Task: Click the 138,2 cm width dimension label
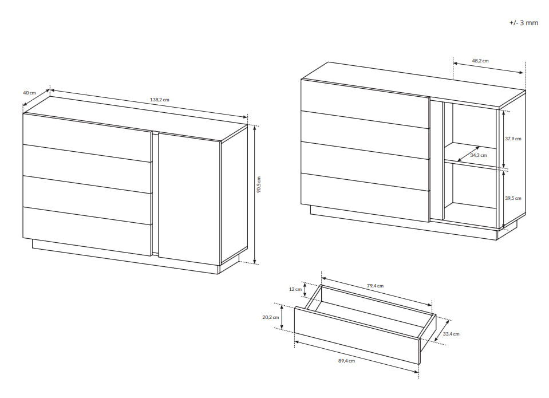[x=159, y=100]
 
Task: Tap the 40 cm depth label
[x=29, y=93]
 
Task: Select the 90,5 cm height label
[x=259, y=184]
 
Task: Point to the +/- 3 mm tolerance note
[x=523, y=23]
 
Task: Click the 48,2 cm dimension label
[x=480, y=61]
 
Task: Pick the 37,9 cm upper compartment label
[x=513, y=139]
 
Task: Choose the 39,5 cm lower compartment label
[x=513, y=198]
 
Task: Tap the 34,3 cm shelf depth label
[x=478, y=155]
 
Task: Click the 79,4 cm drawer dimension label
[x=375, y=286]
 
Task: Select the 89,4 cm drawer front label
[x=346, y=361]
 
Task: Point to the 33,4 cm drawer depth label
[x=451, y=334]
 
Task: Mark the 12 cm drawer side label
[x=295, y=289]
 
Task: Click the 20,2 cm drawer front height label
[x=271, y=317]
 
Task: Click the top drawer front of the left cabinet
[x=87, y=137]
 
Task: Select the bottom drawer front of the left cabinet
[x=87, y=231]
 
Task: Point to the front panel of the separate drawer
[x=357, y=335]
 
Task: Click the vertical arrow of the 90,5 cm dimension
[x=255, y=195]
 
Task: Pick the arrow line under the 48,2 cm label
[x=488, y=68]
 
